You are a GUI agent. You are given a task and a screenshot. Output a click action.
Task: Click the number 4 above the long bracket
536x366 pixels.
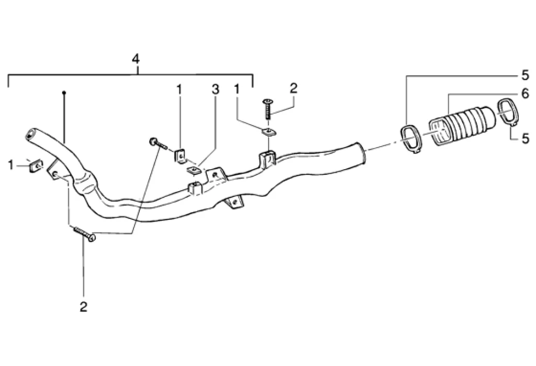pos(136,59)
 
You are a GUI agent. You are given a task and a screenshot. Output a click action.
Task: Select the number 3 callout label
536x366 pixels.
pos(215,90)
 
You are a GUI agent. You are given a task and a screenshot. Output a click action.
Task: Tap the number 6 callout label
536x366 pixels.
pos(524,94)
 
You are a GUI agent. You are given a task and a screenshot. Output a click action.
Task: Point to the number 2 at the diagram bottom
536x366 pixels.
pos(83,307)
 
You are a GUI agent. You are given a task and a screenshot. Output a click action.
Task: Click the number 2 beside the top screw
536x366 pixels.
pos(293,87)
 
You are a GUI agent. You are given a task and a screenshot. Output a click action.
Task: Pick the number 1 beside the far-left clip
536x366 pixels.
pos(10,165)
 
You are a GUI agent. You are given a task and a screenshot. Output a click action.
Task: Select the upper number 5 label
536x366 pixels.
pos(524,74)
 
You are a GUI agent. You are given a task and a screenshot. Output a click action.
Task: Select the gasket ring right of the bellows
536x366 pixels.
pos(507,113)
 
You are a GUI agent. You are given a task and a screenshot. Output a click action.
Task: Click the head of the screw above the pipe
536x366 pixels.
pos(267,101)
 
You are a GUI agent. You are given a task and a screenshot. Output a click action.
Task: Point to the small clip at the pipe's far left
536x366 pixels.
pos(33,166)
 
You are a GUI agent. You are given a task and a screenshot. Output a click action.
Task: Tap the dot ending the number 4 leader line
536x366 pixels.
pos(63,93)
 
